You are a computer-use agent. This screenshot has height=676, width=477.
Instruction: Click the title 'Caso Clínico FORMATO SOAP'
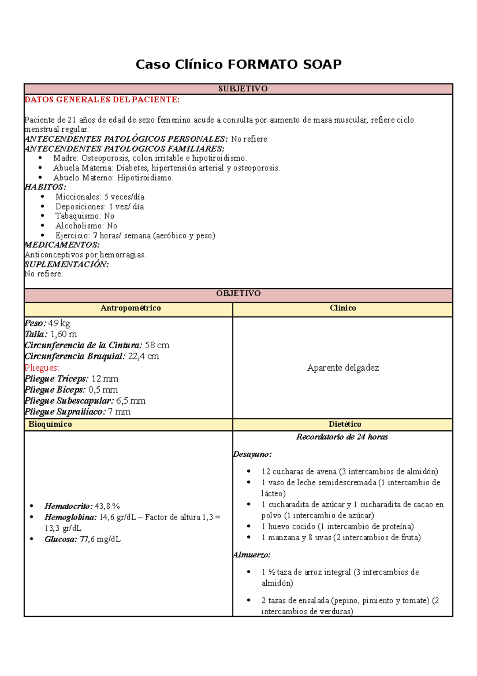[x=238, y=64]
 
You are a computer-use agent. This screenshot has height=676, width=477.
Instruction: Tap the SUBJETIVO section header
[x=242, y=89]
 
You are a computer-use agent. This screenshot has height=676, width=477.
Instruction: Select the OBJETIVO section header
[x=238, y=293]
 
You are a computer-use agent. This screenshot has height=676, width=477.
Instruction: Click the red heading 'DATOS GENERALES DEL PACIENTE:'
[x=102, y=100]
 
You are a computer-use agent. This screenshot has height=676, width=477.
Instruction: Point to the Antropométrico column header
[x=130, y=308]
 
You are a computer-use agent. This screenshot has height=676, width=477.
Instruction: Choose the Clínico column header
[x=343, y=308]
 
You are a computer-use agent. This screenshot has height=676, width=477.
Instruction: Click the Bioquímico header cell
[x=50, y=424]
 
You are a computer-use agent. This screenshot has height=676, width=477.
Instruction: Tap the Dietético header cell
[x=345, y=424]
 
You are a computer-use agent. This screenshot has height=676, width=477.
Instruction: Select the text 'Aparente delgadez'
[x=343, y=367]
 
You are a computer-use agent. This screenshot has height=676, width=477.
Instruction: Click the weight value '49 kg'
[x=59, y=323]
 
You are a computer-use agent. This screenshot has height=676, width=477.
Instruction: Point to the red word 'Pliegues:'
[x=42, y=367]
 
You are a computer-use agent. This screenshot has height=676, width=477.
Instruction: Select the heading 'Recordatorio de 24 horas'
[x=342, y=437]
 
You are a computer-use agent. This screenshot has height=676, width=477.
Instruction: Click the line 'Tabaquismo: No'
[x=85, y=216]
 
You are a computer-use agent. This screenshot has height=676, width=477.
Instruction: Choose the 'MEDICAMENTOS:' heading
[x=62, y=245]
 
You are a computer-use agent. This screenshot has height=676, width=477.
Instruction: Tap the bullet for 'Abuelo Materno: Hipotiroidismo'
[x=41, y=178]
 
